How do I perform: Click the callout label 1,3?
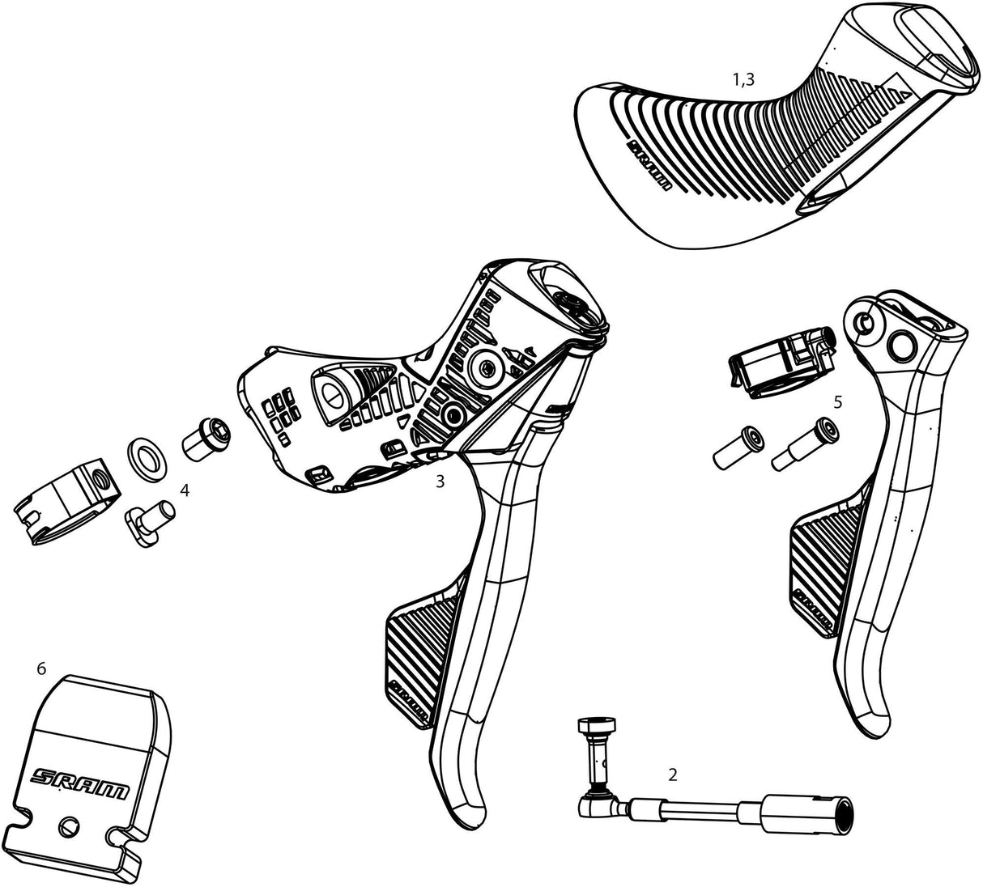pos(743,79)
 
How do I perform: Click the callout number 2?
pos(672,774)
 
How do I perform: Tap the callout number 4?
pos(185,490)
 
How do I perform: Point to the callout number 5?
pos(837,401)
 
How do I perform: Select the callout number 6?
pos(41,668)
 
